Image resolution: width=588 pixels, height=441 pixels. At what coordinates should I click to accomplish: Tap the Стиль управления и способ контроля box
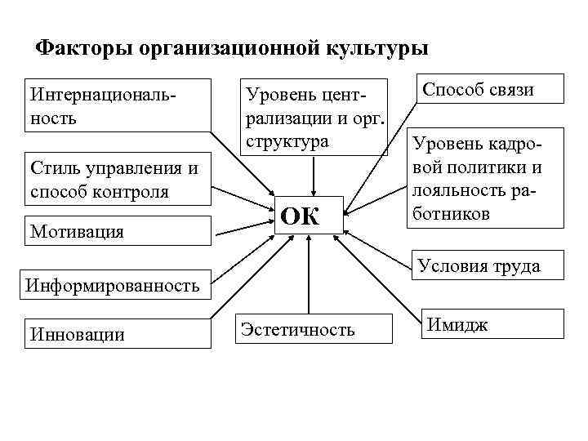[x=115, y=180]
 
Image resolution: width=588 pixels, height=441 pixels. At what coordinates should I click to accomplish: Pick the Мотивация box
[x=115, y=231]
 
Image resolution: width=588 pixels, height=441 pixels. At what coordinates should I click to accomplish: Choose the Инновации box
[x=115, y=332]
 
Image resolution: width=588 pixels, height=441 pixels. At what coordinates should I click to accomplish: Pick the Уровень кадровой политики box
[x=488, y=179]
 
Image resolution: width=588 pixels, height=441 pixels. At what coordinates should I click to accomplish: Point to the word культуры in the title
[x=378, y=48]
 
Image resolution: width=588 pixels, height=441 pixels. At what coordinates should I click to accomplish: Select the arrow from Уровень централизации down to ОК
[x=313, y=174]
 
